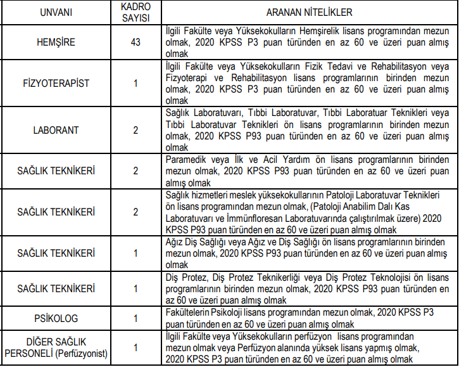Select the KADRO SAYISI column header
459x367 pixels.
[x=135, y=12]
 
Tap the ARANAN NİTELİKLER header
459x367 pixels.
[x=309, y=12]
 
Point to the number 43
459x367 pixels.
[x=135, y=42]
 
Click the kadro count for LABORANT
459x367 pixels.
[x=135, y=130]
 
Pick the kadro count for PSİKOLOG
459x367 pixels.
[x=135, y=317]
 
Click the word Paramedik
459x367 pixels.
[x=184, y=160]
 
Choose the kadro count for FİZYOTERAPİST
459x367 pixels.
[x=135, y=84]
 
